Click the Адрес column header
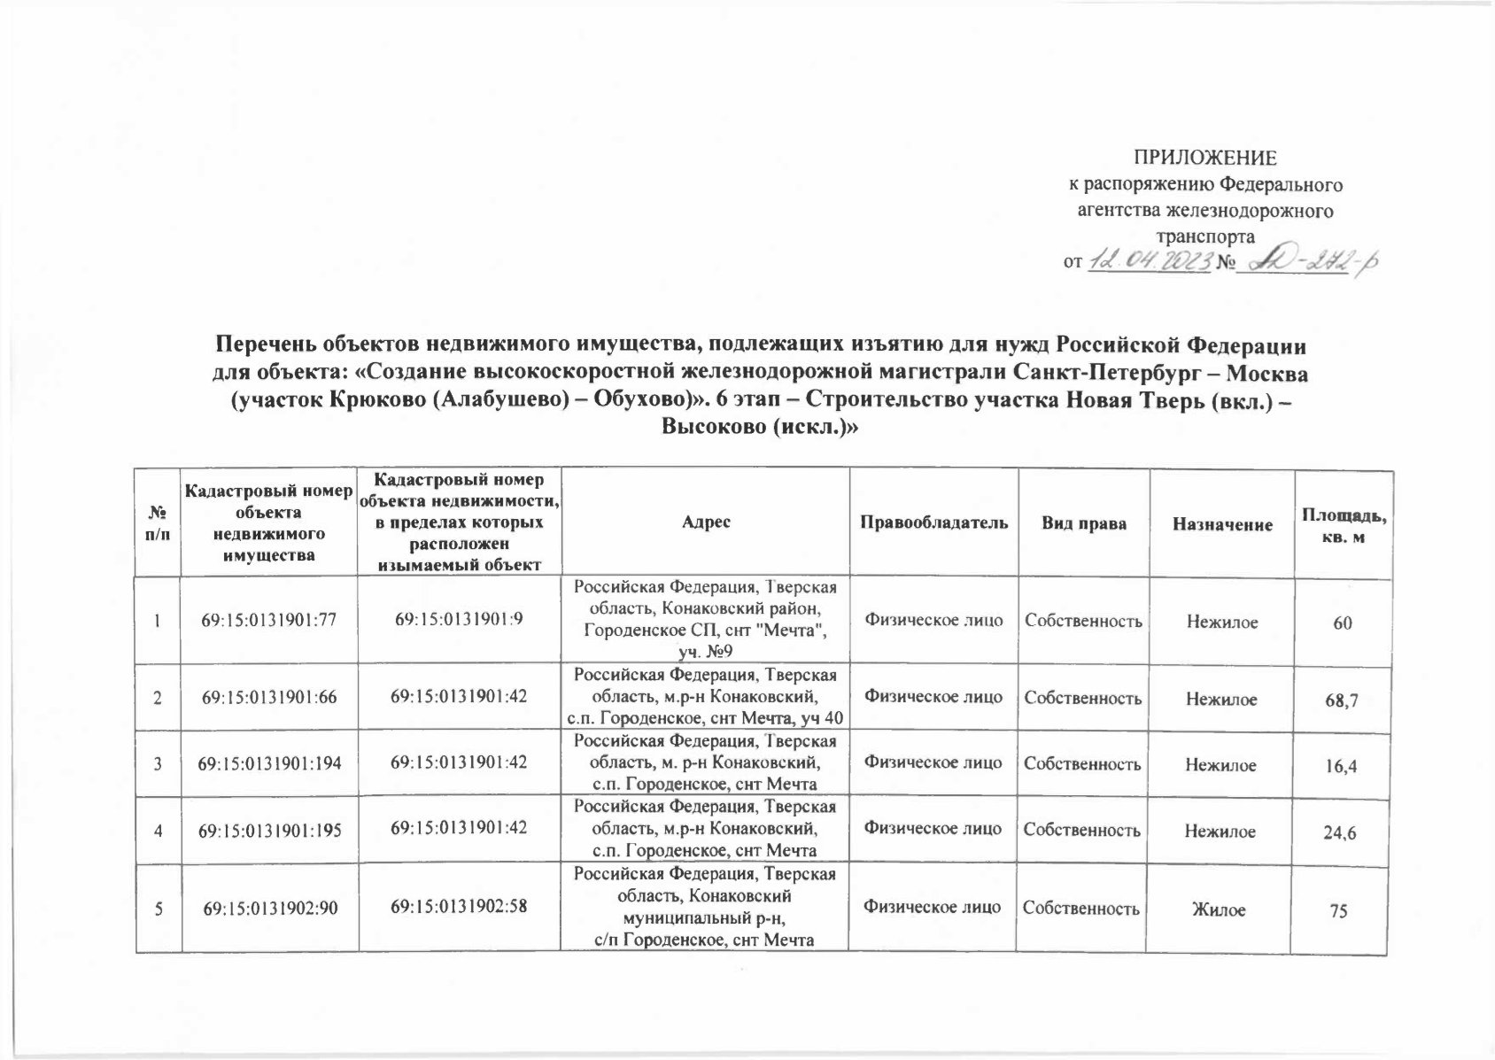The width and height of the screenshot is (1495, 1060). tap(706, 523)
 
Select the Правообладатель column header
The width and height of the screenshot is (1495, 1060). tap(933, 523)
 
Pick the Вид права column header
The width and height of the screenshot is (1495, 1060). tap(1084, 523)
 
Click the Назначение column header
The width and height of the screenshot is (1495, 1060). tap(1221, 524)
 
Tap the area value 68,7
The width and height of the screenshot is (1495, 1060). tap(1342, 700)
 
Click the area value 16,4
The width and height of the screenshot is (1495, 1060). tap(1342, 765)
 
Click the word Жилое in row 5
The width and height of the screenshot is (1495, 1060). tap(1221, 909)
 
